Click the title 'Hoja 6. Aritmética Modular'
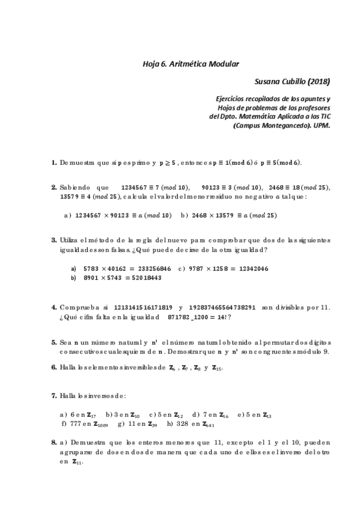pyautogui.click(x=191, y=63)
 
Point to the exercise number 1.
pyautogui.click(x=54, y=163)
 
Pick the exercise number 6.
pyautogui.click(x=54, y=367)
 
